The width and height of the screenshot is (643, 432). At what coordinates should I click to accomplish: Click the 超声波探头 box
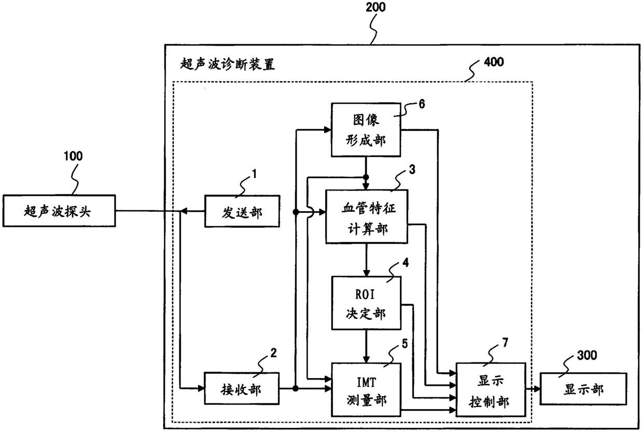tap(59, 211)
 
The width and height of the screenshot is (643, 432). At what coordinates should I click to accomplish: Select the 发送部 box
tap(242, 211)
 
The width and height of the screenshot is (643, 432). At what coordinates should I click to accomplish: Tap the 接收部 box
tap(242, 388)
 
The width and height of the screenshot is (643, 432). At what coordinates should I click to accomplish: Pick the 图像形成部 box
tap(366, 130)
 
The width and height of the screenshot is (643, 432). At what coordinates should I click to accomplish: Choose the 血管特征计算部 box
tap(367, 217)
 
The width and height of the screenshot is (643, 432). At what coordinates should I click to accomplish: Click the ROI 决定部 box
tap(366, 303)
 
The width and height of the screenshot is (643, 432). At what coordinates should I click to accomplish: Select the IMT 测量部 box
tap(366, 390)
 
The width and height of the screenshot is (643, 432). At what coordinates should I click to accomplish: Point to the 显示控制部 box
tap(491, 390)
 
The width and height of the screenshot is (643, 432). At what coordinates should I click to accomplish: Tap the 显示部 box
tap(583, 389)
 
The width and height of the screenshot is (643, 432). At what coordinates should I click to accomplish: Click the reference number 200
tap(375, 7)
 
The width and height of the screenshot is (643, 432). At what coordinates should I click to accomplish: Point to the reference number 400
tap(494, 62)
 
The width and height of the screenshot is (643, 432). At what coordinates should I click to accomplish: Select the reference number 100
tap(73, 156)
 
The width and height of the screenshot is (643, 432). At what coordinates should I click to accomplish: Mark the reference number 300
tap(587, 355)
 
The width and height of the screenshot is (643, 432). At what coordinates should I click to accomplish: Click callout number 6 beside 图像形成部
tap(422, 104)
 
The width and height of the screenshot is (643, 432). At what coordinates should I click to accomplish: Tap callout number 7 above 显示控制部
tap(505, 342)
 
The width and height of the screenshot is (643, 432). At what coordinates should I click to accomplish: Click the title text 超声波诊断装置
tap(227, 64)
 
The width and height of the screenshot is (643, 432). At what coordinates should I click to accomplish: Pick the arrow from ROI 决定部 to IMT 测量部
tap(366, 346)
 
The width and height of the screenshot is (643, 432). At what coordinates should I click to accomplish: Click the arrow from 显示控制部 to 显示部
tap(533, 389)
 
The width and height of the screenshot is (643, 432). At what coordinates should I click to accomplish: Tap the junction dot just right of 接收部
tap(296, 388)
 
